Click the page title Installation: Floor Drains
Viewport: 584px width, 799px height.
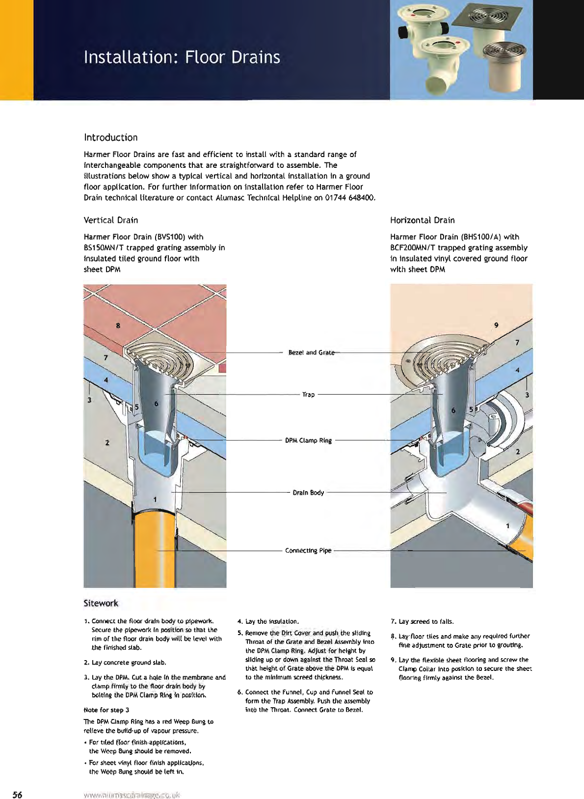(x=182, y=57)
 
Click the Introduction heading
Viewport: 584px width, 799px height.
(x=110, y=137)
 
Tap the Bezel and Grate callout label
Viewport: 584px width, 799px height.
(x=311, y=352)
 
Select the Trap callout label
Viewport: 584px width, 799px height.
(x=308, y=395)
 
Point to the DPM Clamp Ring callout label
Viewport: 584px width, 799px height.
(x=308, y=440)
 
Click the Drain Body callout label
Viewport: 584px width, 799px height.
(x=308, y=492)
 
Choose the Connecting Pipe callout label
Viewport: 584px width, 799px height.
(x=308, y=551)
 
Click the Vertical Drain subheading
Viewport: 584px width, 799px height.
(x=110, y=220)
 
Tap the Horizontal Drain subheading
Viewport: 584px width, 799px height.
(x=422, y=220)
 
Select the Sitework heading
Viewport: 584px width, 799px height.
(x=101, y=603)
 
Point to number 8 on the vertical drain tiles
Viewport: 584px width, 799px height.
(x=118, y=325)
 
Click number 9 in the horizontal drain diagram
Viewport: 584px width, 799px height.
(x=496, y=325)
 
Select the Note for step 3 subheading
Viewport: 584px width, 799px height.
(x=106, y=710)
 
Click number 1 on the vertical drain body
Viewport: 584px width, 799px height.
(x=155, y=499)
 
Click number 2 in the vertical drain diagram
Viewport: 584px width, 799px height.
(x=107, y=443)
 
